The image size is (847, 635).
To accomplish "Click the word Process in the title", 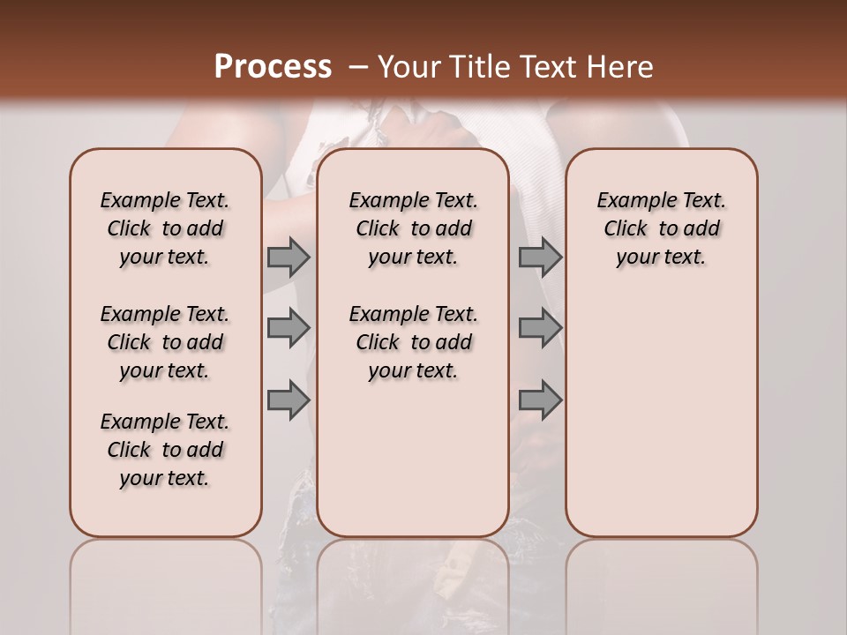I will tap(273, 66).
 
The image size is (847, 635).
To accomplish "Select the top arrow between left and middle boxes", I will tap(288, 257).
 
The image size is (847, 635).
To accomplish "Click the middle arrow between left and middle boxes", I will tap(288, 328).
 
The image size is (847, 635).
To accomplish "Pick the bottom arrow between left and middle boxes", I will tap(288, 400).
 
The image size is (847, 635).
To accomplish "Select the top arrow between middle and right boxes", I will tap(540, 257).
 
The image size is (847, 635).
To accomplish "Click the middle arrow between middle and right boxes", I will tap(540, 328).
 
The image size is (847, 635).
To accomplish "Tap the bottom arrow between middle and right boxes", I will tap(540, 400).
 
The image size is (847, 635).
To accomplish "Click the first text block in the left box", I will tap(165, 228).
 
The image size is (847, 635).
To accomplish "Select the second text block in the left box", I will tap(165, 342).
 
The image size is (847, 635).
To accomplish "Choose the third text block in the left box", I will tap(165, 450).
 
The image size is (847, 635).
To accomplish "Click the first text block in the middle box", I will tap(413, 228).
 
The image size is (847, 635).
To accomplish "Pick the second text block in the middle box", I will tap(413, 342).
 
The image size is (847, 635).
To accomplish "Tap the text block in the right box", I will tap(661, 228).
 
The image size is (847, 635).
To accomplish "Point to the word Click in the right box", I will tap(626, 229).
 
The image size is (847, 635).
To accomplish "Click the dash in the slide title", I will tap(358, 66).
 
